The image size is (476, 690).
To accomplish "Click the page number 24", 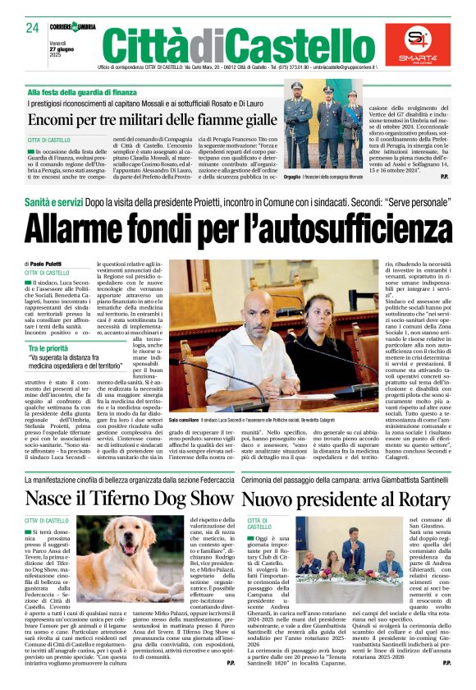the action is point(33,28).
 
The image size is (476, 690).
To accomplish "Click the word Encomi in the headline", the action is point(53,119).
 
